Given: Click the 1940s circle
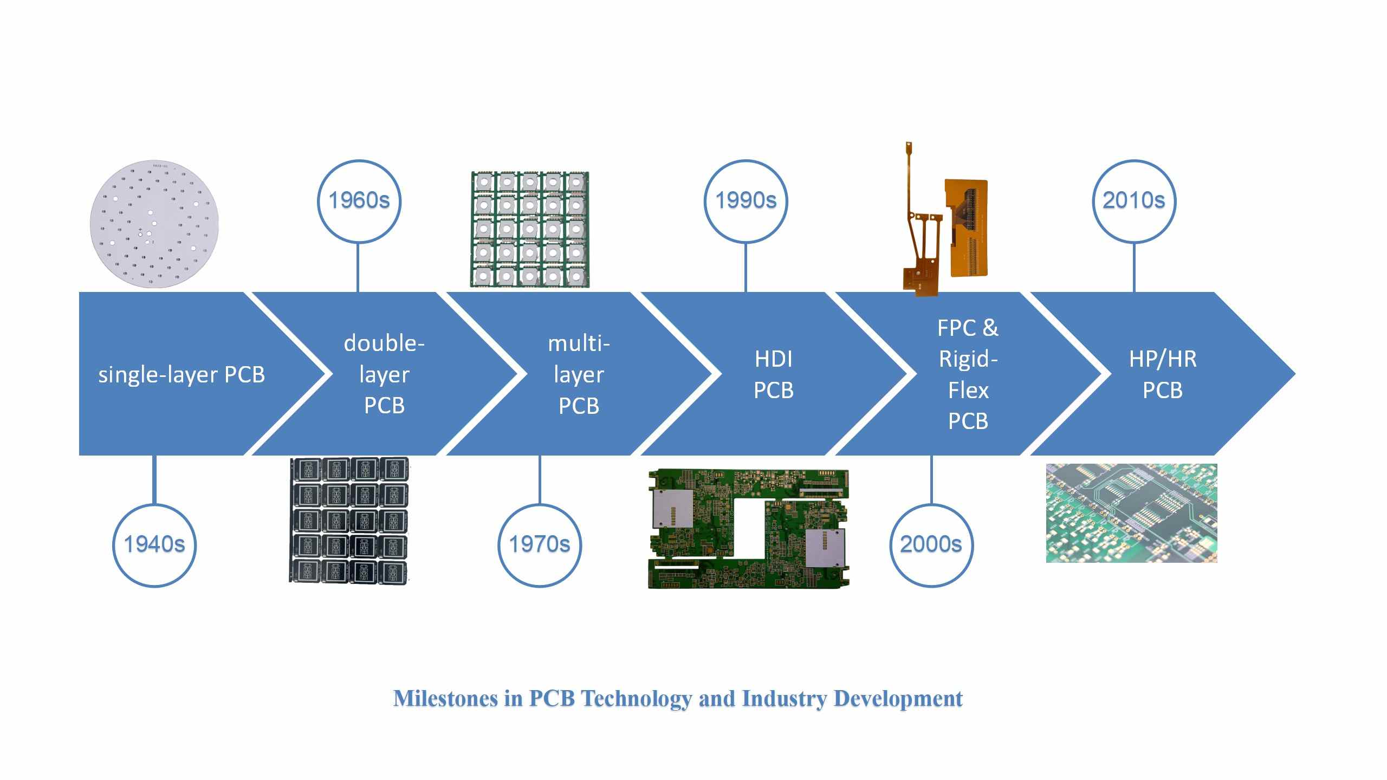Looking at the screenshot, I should coord(154,544).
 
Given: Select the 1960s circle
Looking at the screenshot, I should coord(359,200).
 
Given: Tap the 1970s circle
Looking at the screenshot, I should coord(540,544).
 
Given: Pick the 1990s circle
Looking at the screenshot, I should coord(746,200).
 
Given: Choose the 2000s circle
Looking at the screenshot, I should coord(931,544).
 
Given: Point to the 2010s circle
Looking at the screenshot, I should coord(1133,200).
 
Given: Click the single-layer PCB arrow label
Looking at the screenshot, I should coord(182,375).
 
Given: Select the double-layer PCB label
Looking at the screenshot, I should coord(384,374).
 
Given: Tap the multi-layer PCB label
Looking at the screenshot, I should coord(579,374).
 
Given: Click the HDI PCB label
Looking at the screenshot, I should coord(773,374).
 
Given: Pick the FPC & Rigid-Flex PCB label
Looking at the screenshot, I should coord(968,374).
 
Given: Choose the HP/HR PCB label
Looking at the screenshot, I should coord(1163,374).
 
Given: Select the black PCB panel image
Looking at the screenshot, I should coord(349,520).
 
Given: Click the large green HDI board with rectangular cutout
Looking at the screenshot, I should coord(748,529).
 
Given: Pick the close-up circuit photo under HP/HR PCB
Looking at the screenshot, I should coord(1131,513).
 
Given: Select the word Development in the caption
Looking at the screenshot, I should coord(898,699).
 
